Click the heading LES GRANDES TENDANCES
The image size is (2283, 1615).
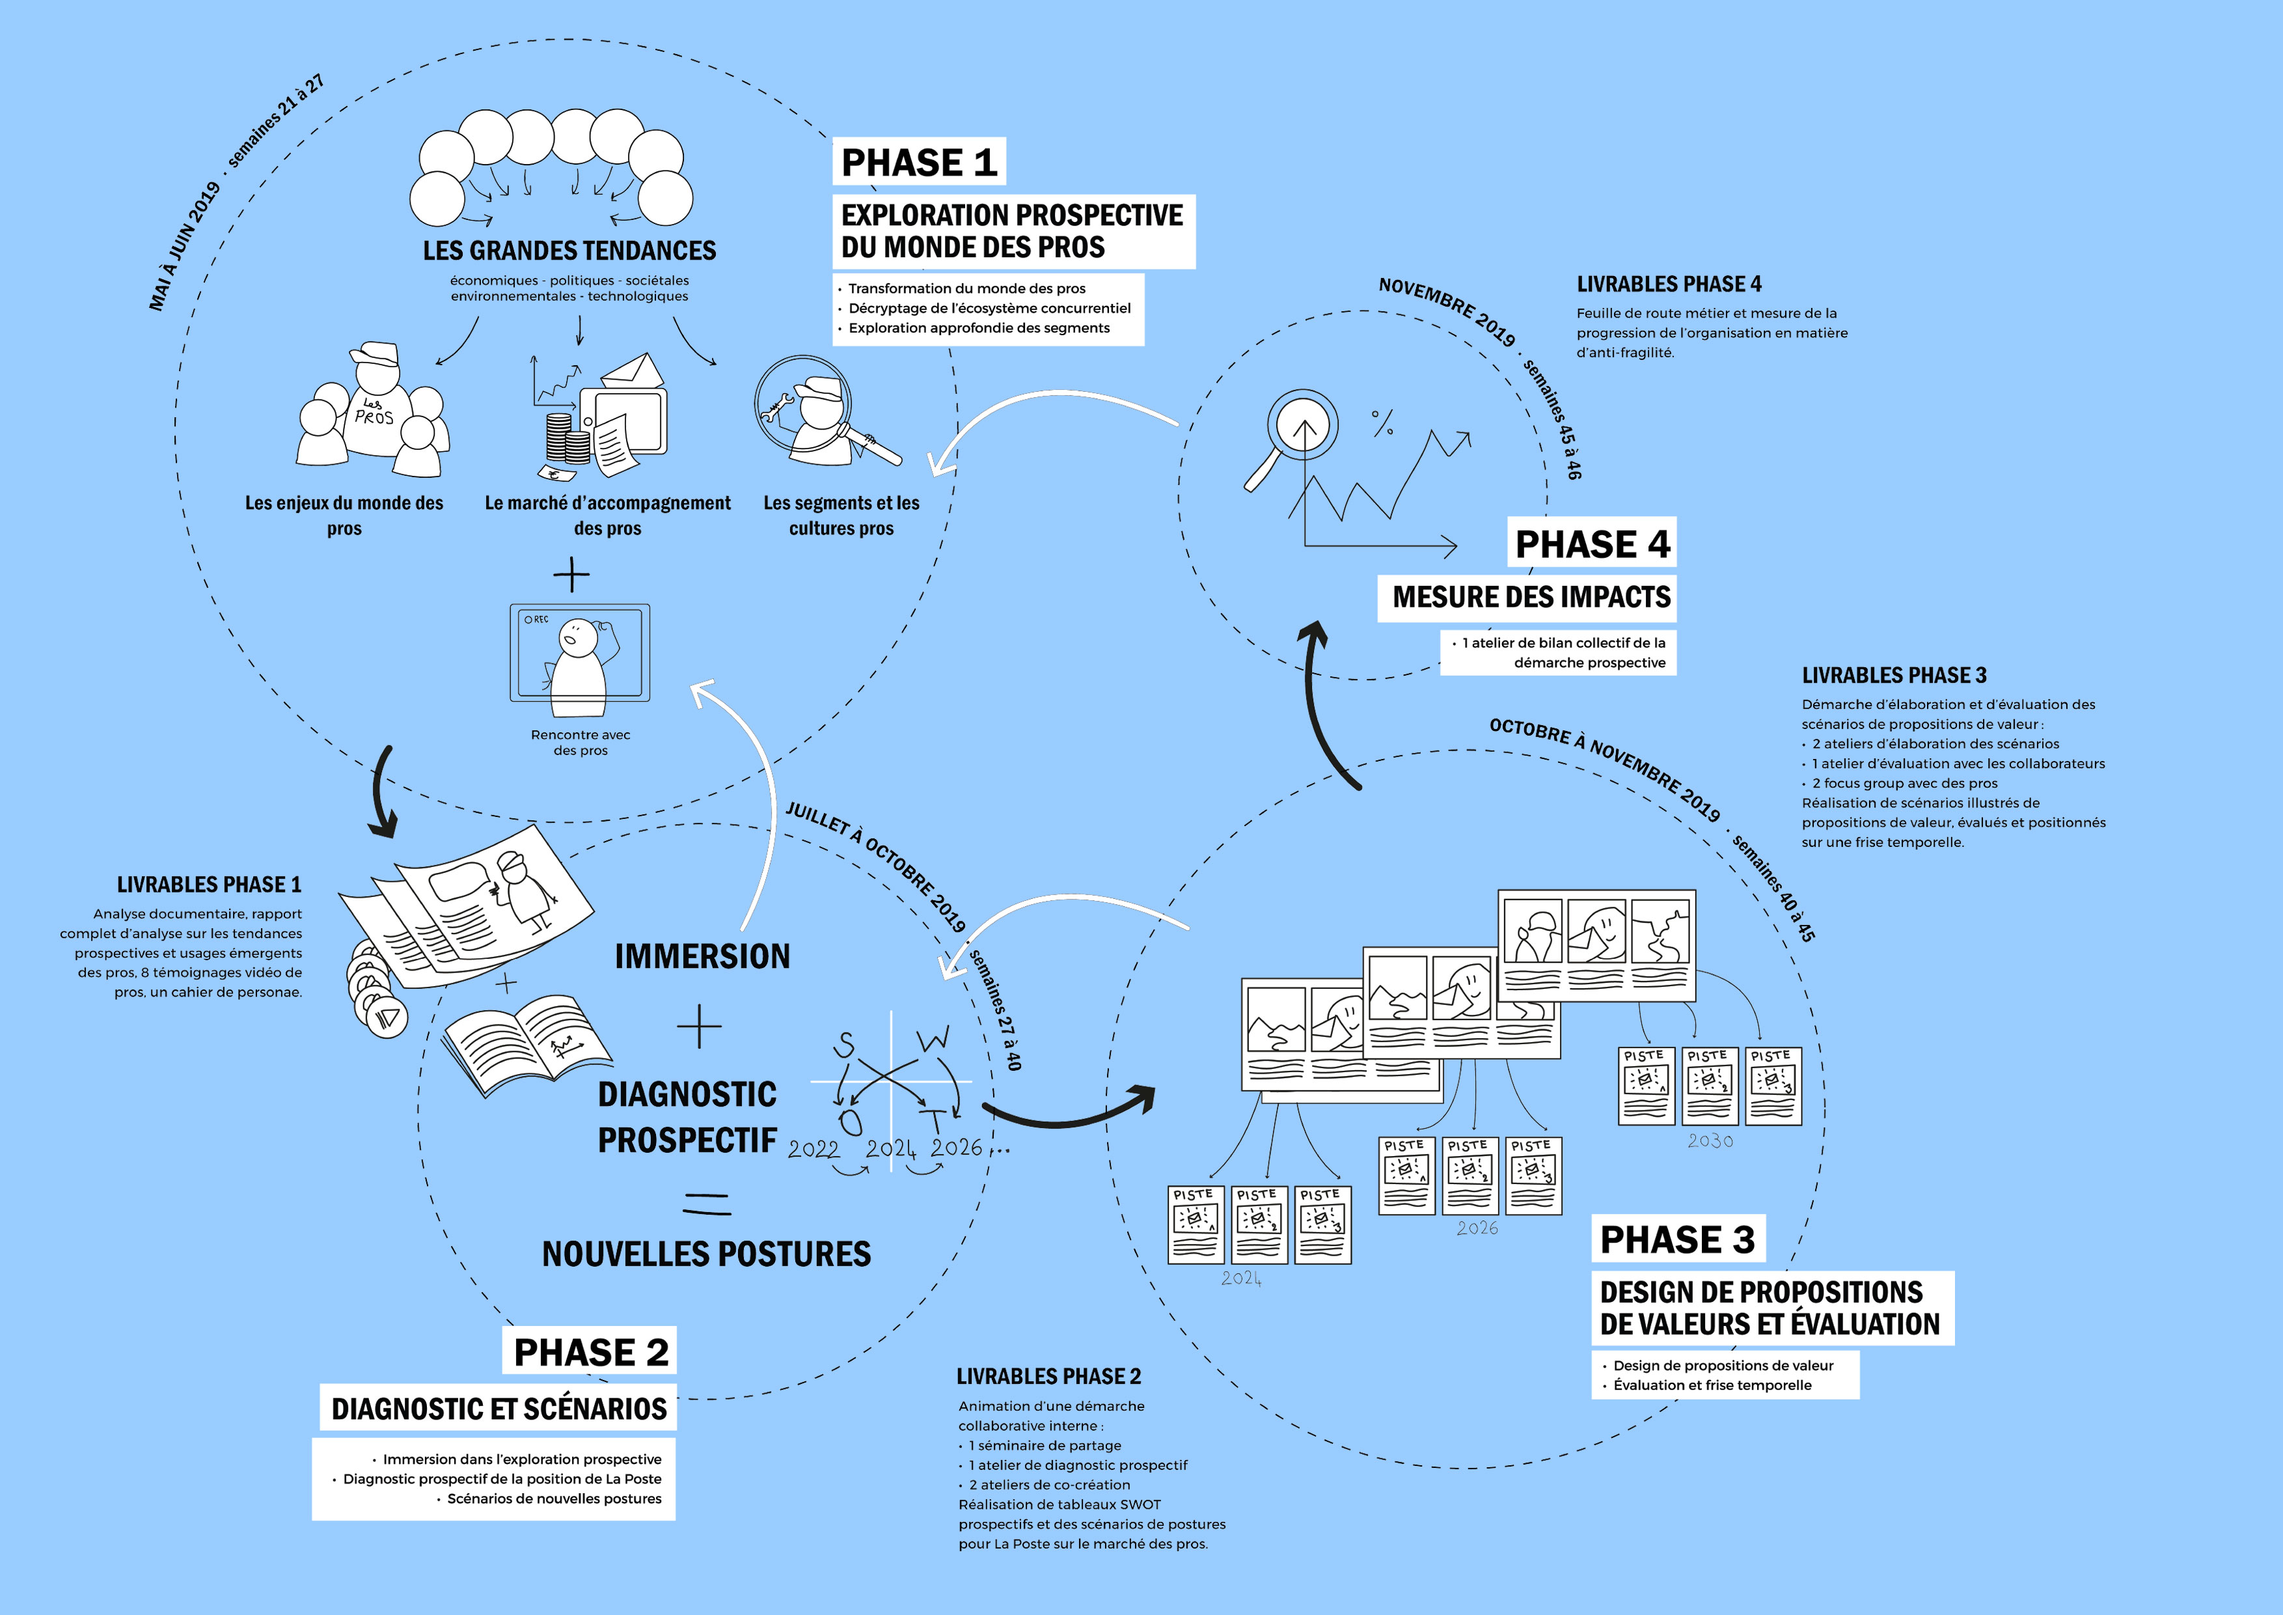[x=569, y=251]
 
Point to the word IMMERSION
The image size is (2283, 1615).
[x=702, y=957]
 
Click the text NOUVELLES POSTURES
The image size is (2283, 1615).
[x=706, y=1254]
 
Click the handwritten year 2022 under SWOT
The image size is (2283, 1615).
[x=813, y=1150]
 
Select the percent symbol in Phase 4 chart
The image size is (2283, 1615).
[x=1382, y=422]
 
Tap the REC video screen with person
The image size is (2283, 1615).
[x=580, y=654]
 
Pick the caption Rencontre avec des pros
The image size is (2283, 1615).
[x=581, y=743]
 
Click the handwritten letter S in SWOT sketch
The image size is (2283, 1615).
[x=844, y=1044]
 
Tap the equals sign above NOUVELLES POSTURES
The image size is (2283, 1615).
[x=707, y=1204]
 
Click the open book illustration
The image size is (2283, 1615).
[x=527, y=1044]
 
